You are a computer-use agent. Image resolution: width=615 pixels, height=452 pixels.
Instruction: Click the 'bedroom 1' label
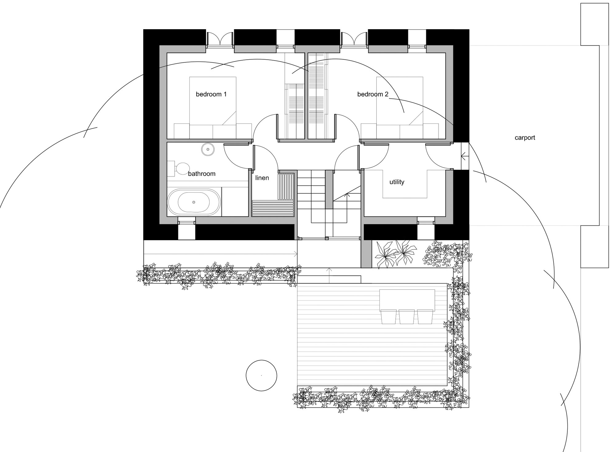pos(211,94)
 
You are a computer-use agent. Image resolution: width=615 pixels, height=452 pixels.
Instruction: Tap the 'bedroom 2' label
pos(373,94)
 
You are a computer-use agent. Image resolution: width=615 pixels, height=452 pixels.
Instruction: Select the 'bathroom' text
pos(202,174)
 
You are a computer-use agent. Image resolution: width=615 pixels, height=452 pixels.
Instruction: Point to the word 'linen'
pos(262,178)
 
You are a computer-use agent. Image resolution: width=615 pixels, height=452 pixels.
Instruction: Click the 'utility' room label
pos(397,182)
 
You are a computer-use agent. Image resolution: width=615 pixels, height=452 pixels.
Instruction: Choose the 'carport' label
pos(525,138)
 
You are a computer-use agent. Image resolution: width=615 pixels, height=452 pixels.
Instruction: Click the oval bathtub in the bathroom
pos(194,202)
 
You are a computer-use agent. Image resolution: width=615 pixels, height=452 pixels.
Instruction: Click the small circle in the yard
pos(261,375)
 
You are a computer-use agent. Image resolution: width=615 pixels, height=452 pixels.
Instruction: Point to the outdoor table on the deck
pos(407,300)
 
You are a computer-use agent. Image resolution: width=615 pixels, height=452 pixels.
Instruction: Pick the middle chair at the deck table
pos(407,317)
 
